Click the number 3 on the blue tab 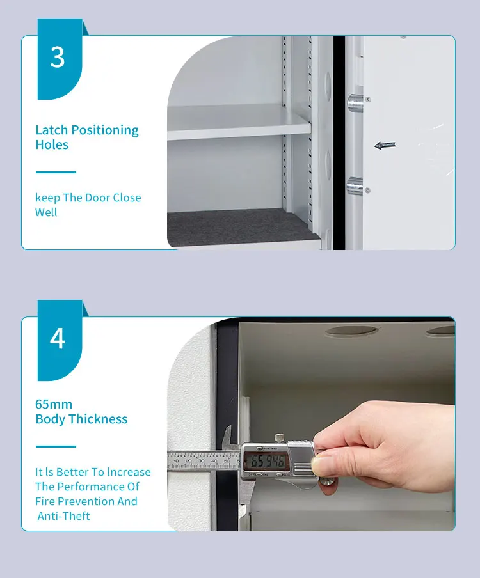[58, 57]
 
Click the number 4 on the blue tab [58, 338]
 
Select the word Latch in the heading [51, 130]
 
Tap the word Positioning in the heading [104, 130]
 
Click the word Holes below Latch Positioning [52, 145]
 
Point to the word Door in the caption [98, 198]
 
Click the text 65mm [54, 404]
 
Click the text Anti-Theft [64, 516]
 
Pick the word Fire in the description [45, 501]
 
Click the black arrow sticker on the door [385, 145]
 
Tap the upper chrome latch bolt [354, 102]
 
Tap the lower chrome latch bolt [354, 186]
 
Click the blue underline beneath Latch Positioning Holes [56, 172]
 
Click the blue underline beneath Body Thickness [56, 446]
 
